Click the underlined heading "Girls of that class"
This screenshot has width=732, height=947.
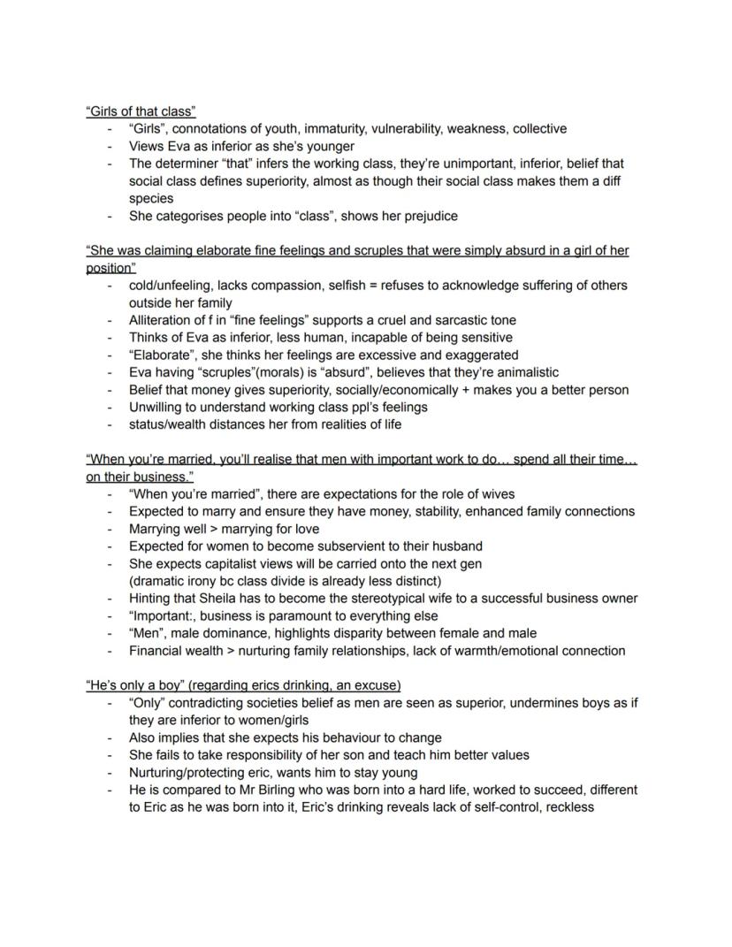(x=141, y=111)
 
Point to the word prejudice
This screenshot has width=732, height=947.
(x=429, y=216)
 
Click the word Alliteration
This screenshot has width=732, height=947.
(x=162, y=320)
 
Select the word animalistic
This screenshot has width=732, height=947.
(x=521, y=372)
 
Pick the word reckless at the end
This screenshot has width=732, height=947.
(x=569, y=807)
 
